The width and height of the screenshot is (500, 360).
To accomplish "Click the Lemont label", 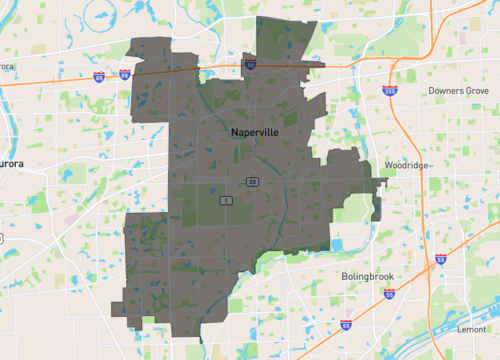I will (472, 329).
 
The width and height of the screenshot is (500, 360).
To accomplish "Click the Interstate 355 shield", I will (389, 92).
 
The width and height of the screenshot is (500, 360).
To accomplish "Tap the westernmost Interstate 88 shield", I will (99, 76).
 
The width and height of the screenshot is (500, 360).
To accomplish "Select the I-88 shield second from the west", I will (124, 75).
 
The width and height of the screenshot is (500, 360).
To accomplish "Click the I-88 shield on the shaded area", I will (250, 65).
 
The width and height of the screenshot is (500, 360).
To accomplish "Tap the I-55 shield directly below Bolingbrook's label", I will (390, 296).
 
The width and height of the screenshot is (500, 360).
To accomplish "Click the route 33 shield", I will (254, 181).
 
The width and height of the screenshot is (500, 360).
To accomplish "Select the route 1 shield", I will (227, 201).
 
